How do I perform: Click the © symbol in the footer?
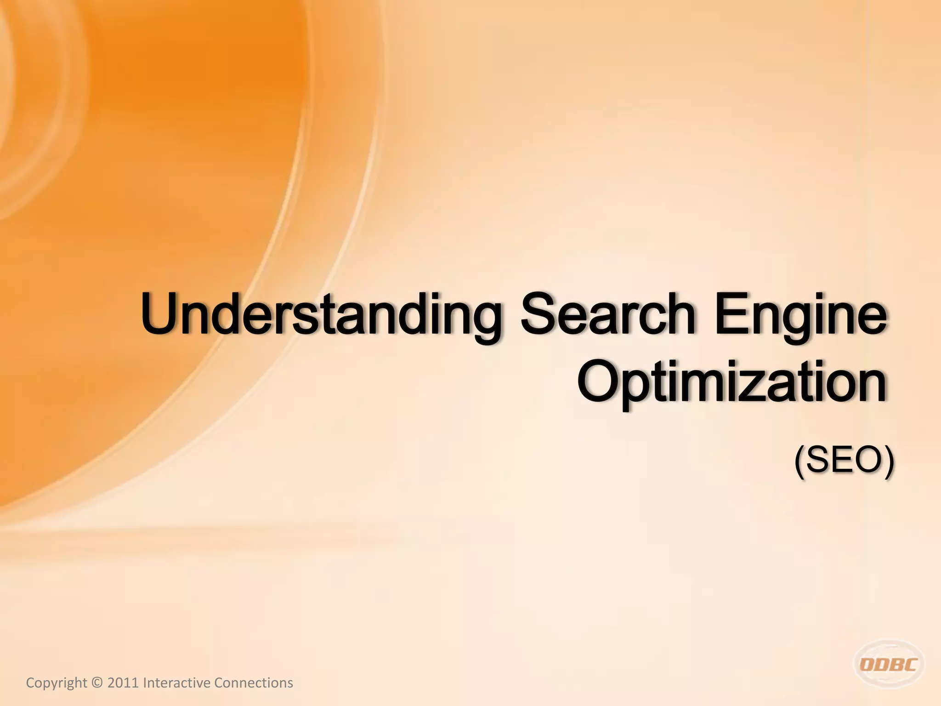coord(97,683)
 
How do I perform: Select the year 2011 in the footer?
coord(123,683)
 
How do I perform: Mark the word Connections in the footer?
coord(254,683)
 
